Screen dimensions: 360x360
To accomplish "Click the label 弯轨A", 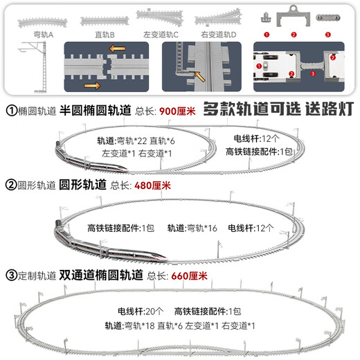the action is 44,35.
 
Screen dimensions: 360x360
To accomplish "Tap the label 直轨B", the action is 105,35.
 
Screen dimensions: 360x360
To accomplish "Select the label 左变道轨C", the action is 161,35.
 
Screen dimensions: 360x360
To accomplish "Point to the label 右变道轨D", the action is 219,35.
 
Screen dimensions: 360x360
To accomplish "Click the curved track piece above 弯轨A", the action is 42,23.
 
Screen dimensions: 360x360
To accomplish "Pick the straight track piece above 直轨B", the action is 105,21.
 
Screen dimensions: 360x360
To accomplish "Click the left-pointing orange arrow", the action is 117,48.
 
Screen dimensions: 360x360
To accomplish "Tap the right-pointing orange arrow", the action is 92,86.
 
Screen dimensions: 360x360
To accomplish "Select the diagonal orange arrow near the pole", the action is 199,77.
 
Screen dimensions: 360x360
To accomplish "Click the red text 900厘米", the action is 177,111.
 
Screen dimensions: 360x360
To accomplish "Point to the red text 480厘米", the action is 152,186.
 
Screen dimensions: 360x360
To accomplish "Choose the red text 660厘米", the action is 189,276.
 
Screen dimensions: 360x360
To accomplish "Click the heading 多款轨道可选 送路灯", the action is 278,109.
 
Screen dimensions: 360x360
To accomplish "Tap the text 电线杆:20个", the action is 141,312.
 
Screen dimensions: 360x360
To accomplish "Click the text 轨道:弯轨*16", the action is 192,228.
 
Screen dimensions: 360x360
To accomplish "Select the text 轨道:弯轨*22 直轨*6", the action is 136,141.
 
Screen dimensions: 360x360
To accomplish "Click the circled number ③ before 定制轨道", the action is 11,276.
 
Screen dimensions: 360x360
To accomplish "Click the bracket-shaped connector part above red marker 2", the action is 294,16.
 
